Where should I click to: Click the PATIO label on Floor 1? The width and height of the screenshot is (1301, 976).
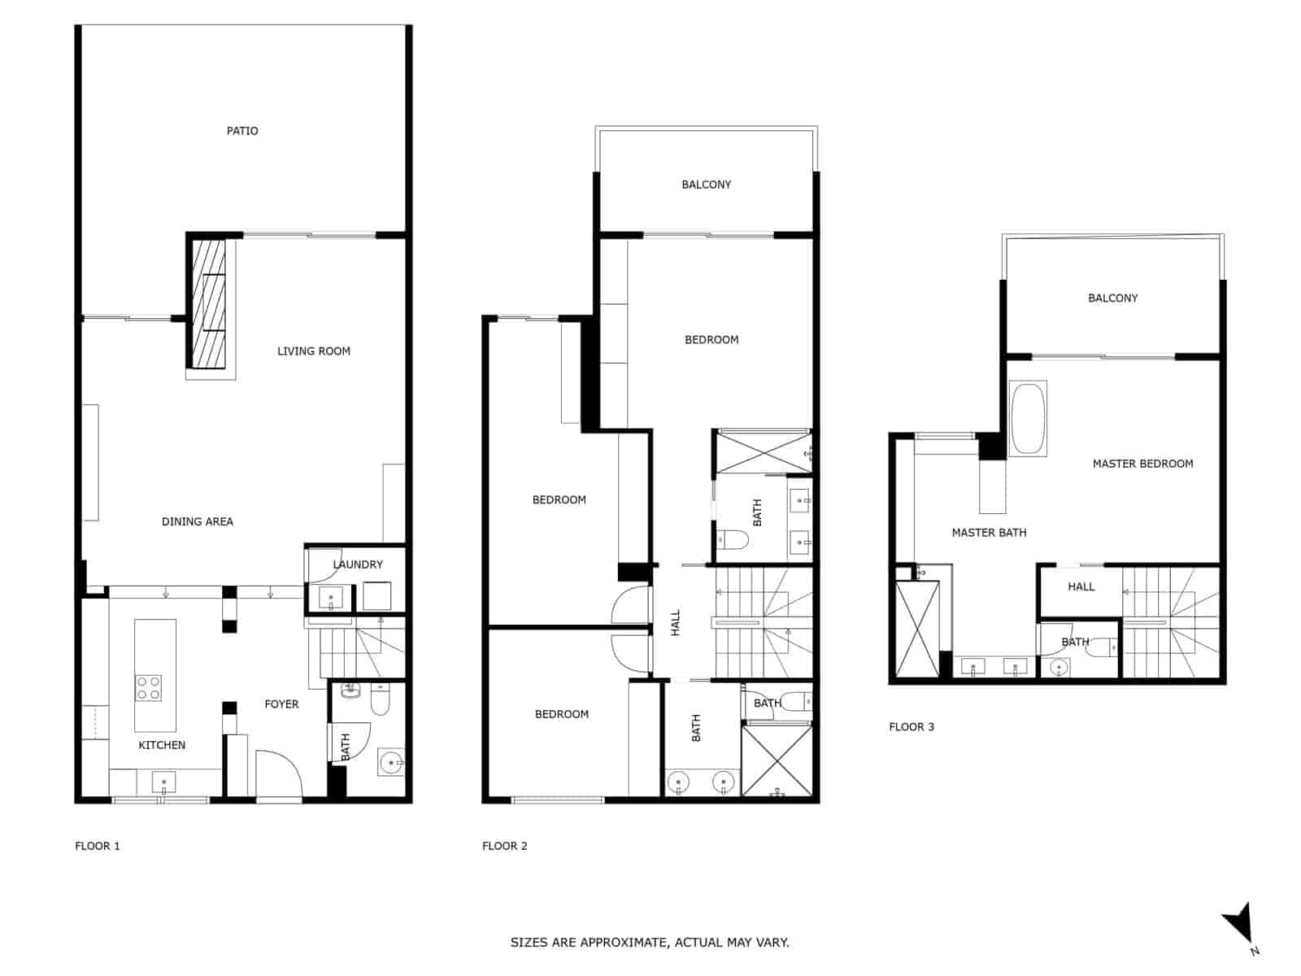[x=242, y=131]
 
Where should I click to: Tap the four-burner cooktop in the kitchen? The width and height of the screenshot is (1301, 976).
[x=148, y=688]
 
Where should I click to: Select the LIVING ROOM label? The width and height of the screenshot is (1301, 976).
[x=313, y=351]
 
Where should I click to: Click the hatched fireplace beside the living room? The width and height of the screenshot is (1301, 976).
[x=208, y=304]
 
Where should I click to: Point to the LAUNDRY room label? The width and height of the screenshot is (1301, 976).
[x=358, y=564]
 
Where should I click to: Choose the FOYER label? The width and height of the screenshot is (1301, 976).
[x=281, y=704]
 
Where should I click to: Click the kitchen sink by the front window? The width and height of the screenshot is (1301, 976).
[x=164, y=784]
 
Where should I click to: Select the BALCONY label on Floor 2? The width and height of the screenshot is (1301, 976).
[x=706, y=185]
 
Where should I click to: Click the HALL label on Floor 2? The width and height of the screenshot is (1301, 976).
[x=676, y=623]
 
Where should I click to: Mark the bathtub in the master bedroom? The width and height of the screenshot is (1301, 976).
[x=1028, y=418]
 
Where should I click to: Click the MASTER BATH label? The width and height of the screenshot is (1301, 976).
[x=989, y=533]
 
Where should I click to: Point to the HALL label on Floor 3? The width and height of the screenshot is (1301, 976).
[x=1081, y=586]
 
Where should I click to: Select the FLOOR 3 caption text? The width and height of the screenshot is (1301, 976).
[x=912, y=727]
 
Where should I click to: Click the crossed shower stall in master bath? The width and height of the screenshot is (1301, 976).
[x=916, y=629]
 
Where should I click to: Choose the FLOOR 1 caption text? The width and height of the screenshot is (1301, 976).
[x=98, y=846]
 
